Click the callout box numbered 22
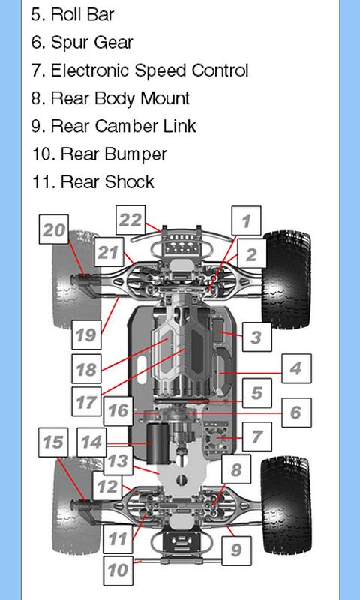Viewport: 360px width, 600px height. [x=130, y=220]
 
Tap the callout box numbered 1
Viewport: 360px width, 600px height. [x=247, y=220]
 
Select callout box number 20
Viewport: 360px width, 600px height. [x=54, y=229]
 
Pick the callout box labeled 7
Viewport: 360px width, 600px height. [x=256, y=436]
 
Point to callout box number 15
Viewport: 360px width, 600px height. [x=53, y=442]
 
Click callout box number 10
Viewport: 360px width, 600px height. [x=118, y=571]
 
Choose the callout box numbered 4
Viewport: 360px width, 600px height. [x=296, y=368]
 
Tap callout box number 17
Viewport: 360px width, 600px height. [x=86, y=401]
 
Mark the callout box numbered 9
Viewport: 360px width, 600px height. [x=236, y=551]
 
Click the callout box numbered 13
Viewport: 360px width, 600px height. [x=118, y=461]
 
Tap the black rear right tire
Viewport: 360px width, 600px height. [x=286, y=505]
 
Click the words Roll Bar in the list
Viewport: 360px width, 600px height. [x=82, y=14]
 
